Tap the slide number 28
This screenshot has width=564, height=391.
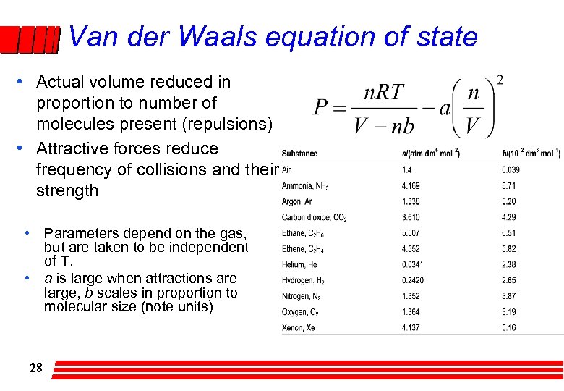point(36,368)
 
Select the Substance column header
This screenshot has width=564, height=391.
point(299,154)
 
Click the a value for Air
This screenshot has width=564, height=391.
point(406,169)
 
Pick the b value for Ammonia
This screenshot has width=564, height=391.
point(509,186)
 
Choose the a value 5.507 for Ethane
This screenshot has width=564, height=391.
point(411,233)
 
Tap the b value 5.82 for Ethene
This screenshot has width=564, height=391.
point(509,248)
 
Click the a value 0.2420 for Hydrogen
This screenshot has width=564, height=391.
point(413,280)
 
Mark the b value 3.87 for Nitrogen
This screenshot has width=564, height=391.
point(509,296)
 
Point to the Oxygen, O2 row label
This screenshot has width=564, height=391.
point(300,312)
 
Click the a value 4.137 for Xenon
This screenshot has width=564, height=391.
point(411,327)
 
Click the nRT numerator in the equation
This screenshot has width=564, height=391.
point(384,93)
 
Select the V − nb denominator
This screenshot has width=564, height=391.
point(384,126)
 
